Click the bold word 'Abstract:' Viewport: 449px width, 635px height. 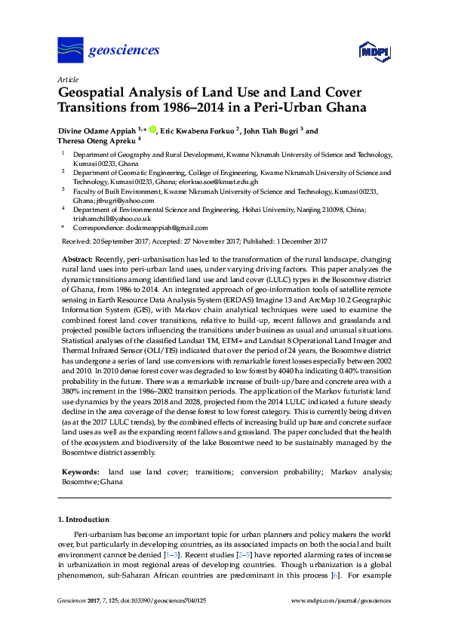pos(77,259)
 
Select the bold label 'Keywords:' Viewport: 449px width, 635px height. pos(80,471)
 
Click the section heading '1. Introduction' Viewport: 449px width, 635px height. pos(84,520)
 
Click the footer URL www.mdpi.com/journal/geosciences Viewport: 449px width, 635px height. pos(341,601)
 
